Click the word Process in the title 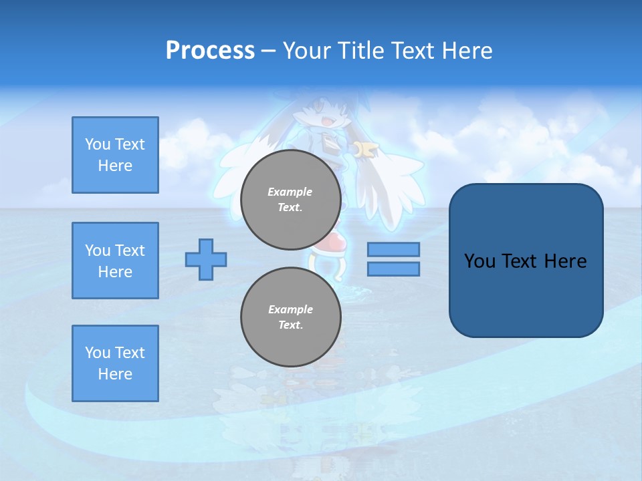click(x=210, y=51)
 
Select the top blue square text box click(x=115, y=155)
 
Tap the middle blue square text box click(x=115, y=261)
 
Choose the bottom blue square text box click(x=115, y=363)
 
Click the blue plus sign click(x=206, y=259)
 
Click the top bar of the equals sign click(x=393, y=249)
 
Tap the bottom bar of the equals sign click(x=393, y=269)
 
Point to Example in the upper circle click(x=290, y=192)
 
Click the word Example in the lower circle click(x=290, y=309)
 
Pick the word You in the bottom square click(x=97, y=353)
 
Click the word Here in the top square click(x=115, y=166)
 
